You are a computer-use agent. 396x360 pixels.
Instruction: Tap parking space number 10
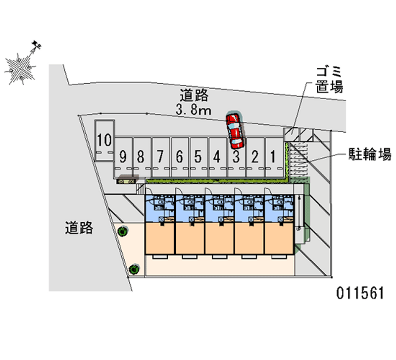(x=104, y=141)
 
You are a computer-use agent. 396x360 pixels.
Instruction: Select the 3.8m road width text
(x=194, y=110)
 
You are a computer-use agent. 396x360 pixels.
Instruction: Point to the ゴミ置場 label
(x=330, y=80)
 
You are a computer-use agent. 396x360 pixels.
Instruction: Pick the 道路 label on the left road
(x=79, y=228)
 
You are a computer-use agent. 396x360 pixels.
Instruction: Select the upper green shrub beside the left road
(x=122, y=230)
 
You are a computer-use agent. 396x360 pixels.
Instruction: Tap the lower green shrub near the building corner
(x=134, y=269)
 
